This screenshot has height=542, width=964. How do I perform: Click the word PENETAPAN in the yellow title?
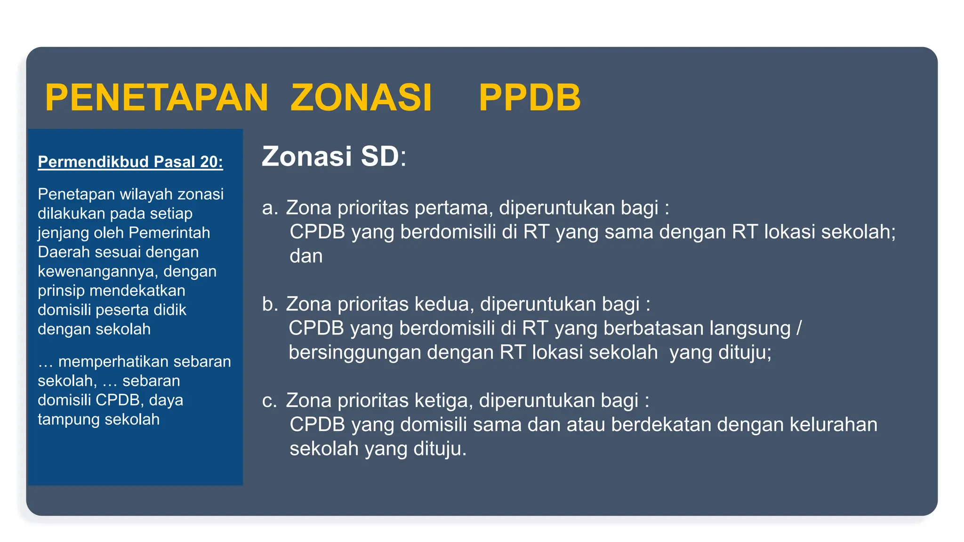pos(156,98)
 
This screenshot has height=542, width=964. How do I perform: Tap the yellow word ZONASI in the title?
pos(361,98)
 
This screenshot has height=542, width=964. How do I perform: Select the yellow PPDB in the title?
pos(530,98)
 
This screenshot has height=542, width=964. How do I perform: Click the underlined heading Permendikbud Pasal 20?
pos(130,162)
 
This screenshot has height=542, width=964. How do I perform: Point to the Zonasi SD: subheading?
pos(334,156)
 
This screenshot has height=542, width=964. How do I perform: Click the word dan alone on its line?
pos(306,256)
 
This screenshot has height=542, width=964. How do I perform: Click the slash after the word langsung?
pos(799,328)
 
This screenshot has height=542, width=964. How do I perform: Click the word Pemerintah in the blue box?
pos(169,233)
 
